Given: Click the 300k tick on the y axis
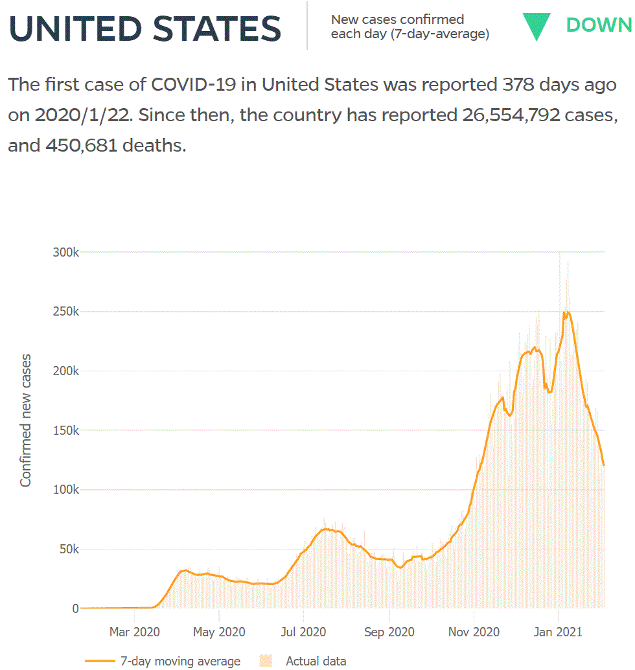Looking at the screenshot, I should coord(65,252).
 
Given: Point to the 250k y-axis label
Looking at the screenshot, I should coord(65,312).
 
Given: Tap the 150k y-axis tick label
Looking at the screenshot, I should coord(65,430).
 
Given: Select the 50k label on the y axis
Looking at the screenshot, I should coord(68,549).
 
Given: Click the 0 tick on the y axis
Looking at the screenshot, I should coord(75,608).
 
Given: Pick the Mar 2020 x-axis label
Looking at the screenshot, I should coord(134,631).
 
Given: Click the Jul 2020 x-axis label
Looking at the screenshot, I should coord(303,631).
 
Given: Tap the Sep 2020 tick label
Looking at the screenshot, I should coord(389,631).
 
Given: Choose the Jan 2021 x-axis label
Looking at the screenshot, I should coord(558,631).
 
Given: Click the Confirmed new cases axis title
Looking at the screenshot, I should coord(26,421).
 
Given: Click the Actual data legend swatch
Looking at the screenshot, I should coord(265,661).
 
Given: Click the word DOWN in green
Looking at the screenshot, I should coord(599,25).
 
